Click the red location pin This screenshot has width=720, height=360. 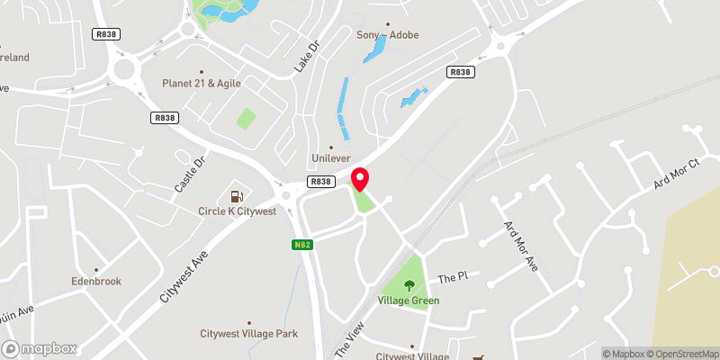360,178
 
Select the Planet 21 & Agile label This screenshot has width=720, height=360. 202,83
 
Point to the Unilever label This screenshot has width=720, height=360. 330,157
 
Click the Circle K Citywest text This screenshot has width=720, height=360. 238,211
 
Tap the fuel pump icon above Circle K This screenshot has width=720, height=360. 237,195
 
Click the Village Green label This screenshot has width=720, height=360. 409,301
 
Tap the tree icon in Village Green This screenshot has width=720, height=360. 409,285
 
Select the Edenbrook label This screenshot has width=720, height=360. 95,281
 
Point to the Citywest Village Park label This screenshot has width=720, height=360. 248,334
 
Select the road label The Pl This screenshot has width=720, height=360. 448,278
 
